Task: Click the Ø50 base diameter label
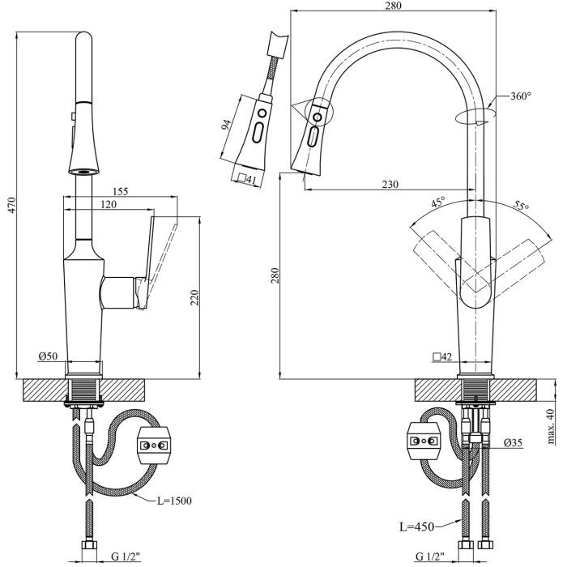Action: click(49, 356)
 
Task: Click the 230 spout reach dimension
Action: click(390, 184)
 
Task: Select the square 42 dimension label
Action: click(443, 356)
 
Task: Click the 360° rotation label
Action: click(520, 96)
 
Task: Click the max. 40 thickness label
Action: click(551, 425)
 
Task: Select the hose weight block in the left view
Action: click(153, 444)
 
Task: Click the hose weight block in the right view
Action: click(424, 440)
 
